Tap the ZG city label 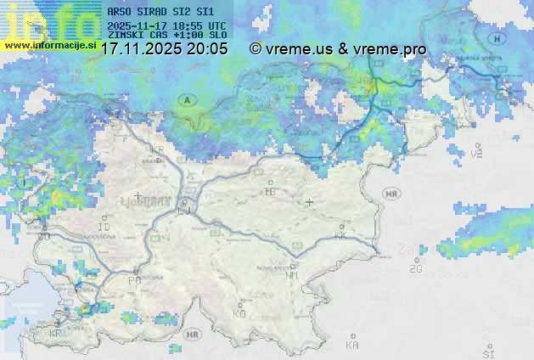pos(415,269)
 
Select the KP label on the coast pos(56,334)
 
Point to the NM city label pos(292,275)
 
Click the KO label pos(239,314)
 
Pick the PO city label pos(134,280)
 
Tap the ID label pos(104,228)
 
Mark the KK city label pos(341,236)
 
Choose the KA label pos(352,346)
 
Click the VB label pos(476,154)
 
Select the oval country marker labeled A pos(186,100)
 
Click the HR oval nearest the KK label pos(391,194)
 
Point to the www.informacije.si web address pos(48,44)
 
